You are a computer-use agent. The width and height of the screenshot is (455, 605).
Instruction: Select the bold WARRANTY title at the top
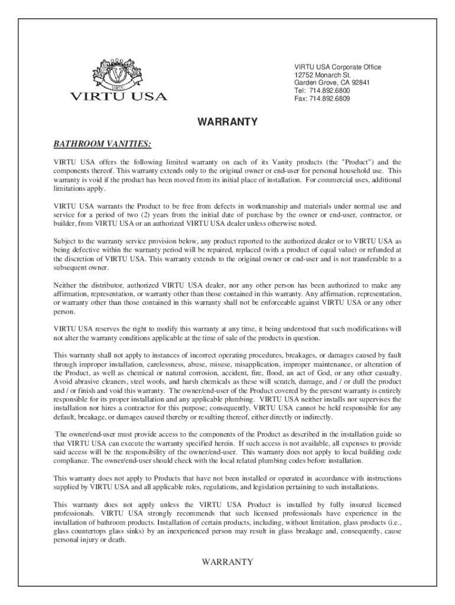(x=227, y=122)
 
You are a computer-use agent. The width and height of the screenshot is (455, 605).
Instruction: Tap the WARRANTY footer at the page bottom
(x=227, y=562)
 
